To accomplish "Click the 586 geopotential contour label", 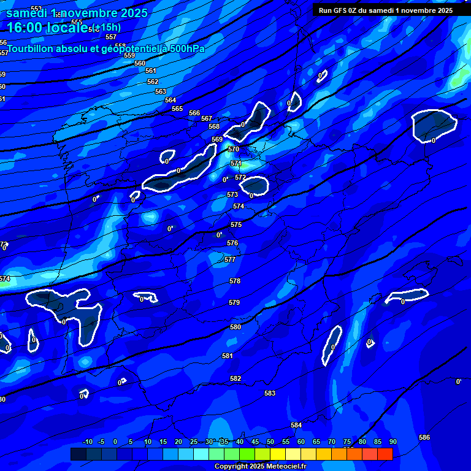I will pos(424,437).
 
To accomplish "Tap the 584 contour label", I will pos(296,425).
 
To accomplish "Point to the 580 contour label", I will pos(235,327).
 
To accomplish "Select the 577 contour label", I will pos(230,259).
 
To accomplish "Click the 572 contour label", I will pos(240,178).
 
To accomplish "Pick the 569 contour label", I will pos(217,139).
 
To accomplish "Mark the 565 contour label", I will pos(177,109).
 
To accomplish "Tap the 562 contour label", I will pos(153,82).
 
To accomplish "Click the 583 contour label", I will pos(270,393).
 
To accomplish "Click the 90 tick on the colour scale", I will pos(392,442).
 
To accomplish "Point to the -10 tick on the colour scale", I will pos(87,442).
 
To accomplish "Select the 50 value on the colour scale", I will pos(270,442).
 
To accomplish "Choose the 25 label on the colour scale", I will pos(193,442).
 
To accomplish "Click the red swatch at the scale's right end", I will pos(385,454).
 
